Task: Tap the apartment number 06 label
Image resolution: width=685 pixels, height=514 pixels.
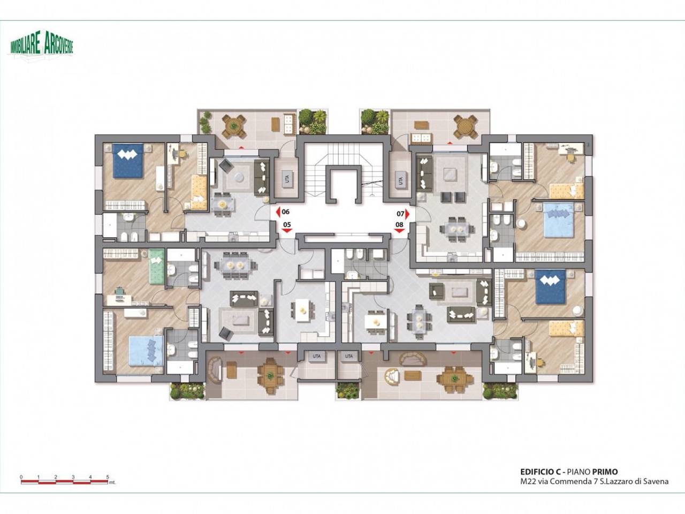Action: [x=286, y=212]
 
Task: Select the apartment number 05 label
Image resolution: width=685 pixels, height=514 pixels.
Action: [x=287, y=224]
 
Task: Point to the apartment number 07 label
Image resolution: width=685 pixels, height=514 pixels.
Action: [x=400, y=214]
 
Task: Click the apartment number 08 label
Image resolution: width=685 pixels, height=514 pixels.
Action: [x=399, y=224]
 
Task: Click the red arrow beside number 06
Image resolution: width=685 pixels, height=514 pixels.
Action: [x=278, y=213]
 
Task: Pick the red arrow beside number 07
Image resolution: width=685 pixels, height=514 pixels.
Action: [x=408, y=214]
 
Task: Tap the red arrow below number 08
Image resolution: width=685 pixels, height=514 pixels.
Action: [x=399, y=231]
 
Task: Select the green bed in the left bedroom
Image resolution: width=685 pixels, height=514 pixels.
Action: [x=156, y=266]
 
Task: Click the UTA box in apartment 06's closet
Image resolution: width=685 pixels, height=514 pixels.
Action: [x=287, y=179]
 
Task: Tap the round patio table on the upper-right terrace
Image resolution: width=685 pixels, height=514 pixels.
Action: [x=466, y=126]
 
